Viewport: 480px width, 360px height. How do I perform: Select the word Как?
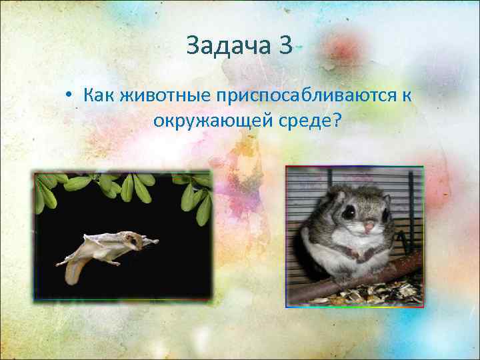click(99, 95)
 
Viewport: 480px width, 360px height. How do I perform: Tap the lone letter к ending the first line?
click(406, 95)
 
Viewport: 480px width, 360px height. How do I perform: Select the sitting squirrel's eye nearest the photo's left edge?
click(349, 213)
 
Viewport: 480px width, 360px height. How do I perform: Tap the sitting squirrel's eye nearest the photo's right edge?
click(385, 213)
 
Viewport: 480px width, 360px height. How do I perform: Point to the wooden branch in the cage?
click(373, 279)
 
